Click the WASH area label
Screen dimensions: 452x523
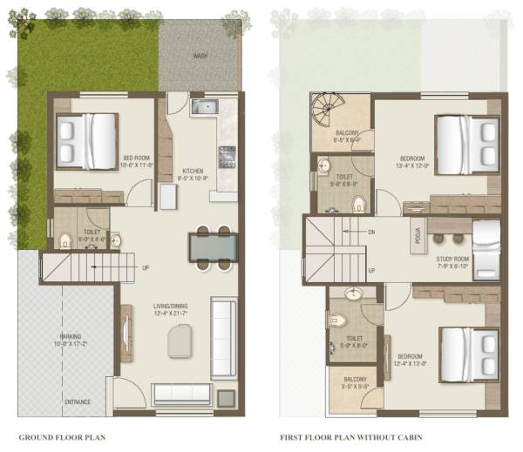tap(200, 56)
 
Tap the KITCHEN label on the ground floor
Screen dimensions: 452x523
tap(193, 171)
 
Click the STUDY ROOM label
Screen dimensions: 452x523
tap(452, 260)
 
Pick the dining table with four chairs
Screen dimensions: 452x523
tap(213, 248)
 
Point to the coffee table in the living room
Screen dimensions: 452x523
tap(181, 339)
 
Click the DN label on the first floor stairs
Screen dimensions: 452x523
tap(372, 233)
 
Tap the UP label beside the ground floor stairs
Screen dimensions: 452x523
tap(145, 267)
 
